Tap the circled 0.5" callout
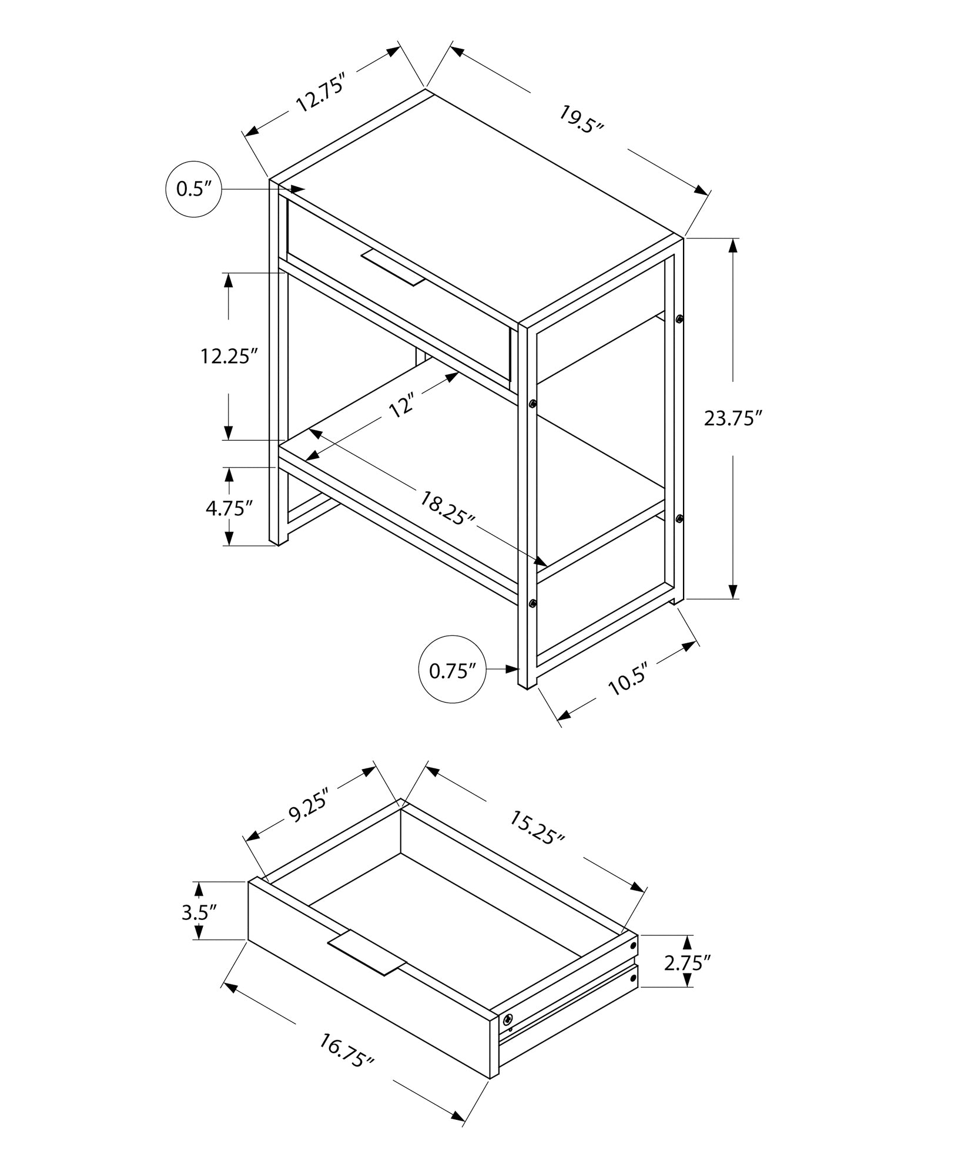click(193, 189)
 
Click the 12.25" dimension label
click(229, 357)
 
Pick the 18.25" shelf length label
click(447, 508)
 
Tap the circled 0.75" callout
click(452, 670)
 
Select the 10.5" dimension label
click(627, 679)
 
